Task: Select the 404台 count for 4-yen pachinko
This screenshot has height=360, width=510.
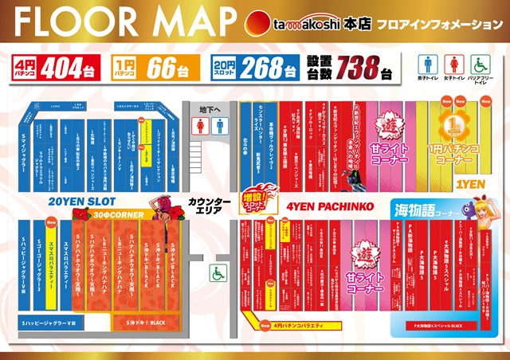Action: click(x=71, y=68)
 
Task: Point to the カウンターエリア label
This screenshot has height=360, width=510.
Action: click(x=208, y=205)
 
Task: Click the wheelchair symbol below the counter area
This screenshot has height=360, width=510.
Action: click(x=216, y=272)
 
